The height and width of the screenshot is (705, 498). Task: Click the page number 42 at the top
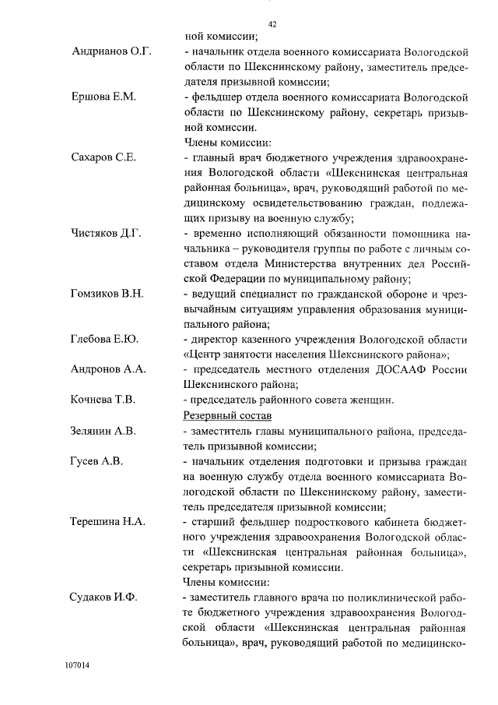[x=272, y=23]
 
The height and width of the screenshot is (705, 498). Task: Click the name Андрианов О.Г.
[x=111, y=52]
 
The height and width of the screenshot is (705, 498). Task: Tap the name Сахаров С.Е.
[x=103, y=157]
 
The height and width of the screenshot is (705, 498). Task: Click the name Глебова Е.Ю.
[x=104, y=339]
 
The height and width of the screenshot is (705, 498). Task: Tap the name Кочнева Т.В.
[x=103, y=400]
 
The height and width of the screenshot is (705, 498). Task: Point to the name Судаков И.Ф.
[x=104, y=597]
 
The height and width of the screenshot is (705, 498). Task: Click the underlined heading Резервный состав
[x=226, y=415]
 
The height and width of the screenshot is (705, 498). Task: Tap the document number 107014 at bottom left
[x=78, y=667]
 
